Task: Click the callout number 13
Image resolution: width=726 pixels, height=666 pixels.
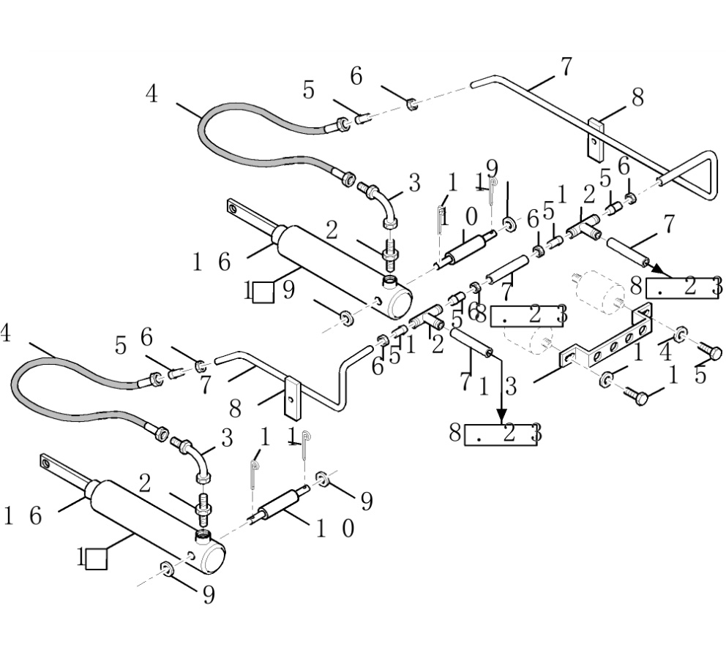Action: [x=498, y=386]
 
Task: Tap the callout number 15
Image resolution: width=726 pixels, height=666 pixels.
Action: [x=689, y=376]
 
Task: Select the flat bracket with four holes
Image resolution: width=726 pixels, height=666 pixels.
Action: [x=607, y=344]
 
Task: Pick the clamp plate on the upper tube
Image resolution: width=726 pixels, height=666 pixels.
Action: [x=594, y=140]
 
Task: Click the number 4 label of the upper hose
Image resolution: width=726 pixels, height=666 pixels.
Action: [x=151, y=94]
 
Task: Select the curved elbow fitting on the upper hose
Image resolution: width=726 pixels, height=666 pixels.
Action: [x=384, y=205]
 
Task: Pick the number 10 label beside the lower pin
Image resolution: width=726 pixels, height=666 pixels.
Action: [x=335, y=528]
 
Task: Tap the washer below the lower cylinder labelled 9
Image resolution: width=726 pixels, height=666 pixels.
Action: [x=168, y=569]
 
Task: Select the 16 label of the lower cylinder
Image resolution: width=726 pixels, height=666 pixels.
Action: [x=23, y=516]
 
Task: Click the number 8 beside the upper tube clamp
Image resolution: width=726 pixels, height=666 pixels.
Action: [x=637, y=97]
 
